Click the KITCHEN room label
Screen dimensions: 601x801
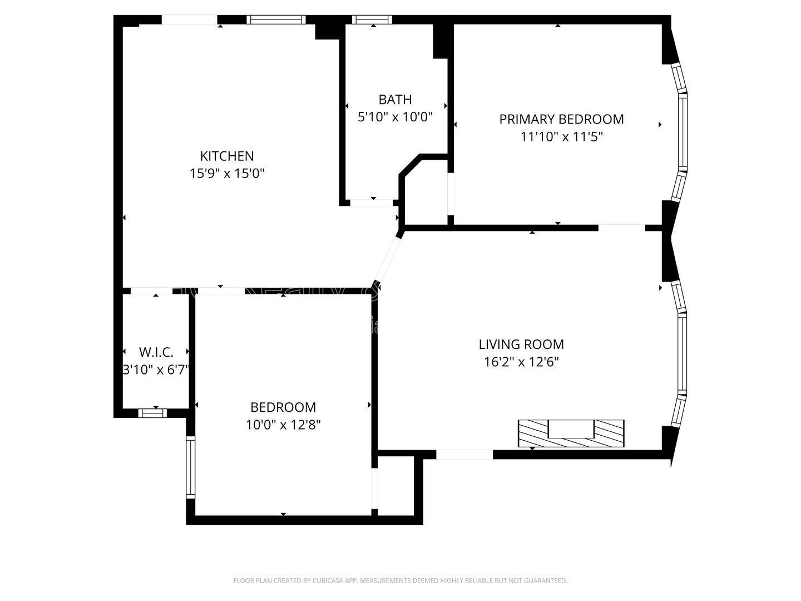point(227,156)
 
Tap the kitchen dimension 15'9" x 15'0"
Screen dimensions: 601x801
point(227,174)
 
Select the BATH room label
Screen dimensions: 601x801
point(395,100)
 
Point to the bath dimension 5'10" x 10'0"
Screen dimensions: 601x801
point(395,117)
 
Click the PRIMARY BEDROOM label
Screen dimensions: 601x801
point(561,119)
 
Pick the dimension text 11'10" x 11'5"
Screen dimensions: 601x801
point(561,136)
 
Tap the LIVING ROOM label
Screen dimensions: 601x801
point(521,344)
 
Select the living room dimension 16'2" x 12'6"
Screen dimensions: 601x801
point(521,362)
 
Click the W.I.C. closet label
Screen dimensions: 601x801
point(156,352)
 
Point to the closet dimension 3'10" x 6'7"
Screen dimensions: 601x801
point(156,370)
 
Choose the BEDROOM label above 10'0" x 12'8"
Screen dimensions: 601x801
point(283,407)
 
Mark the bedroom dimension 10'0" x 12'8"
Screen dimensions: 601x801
point(283,425)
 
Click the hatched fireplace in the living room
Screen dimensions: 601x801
point(571,433)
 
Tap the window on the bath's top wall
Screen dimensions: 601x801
point(372,20)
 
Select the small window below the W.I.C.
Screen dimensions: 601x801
point(152,413)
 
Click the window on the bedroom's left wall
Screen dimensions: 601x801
point(191,466)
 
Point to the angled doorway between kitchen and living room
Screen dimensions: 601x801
point(387,259)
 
